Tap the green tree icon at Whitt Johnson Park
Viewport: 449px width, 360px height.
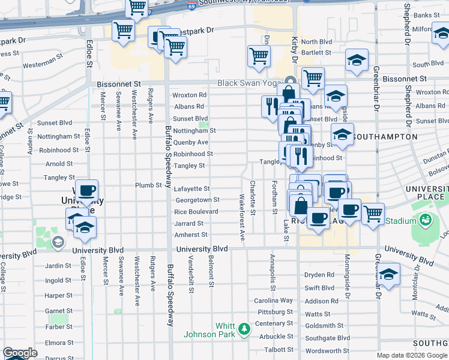click(x=244, y=329)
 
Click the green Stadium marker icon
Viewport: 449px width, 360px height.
click(x=425, y=220)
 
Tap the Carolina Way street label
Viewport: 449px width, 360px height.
click(x=273, y=301)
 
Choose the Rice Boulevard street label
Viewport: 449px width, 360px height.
click(x=196, y=212)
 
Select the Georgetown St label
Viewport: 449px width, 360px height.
click(x=197, y=200)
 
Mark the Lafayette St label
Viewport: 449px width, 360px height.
click(x=192, y=188)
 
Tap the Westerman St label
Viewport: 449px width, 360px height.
click(x=43, y=65)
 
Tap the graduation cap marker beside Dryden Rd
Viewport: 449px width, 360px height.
click(x=389, y=274)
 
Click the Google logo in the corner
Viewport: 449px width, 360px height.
click(x=20, y=353)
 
